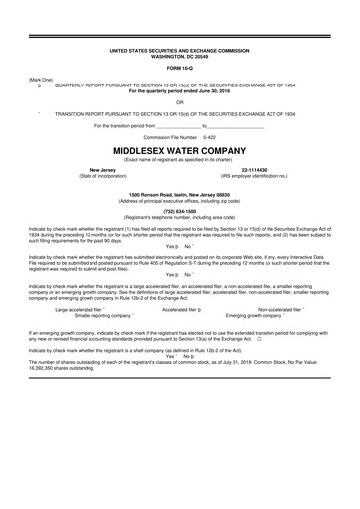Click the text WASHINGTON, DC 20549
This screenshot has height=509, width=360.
click(x=180, y=53)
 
